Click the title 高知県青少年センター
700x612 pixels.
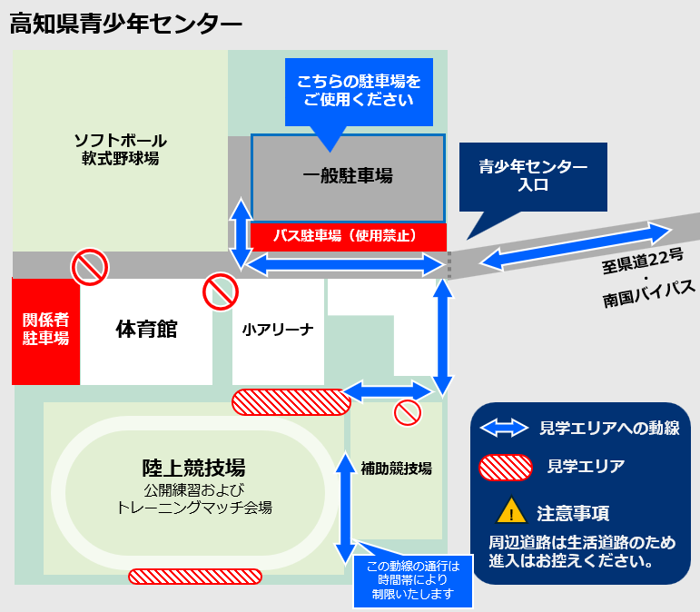coord(126,24)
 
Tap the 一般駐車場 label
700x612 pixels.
coord(348,176)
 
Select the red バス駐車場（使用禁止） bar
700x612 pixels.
coord(348,235)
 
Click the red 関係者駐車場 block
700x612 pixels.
coord(46,330)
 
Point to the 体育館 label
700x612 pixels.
coord(146,329)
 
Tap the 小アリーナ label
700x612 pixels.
coord(278,330)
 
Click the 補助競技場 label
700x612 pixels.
coord(396,469)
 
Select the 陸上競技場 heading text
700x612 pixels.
coord(194,468)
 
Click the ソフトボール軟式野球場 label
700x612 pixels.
coord(120,149)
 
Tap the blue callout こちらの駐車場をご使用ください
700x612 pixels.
coord(360,91)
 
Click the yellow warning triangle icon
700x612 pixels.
coord(512,512)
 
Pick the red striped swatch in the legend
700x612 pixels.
coord(504,467)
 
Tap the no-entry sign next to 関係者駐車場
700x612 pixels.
coord(90,267)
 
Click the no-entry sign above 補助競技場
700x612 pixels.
coord(408,413)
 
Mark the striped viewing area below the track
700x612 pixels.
coord(195,576)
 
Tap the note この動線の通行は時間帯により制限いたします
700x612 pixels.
coord(413,581)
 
